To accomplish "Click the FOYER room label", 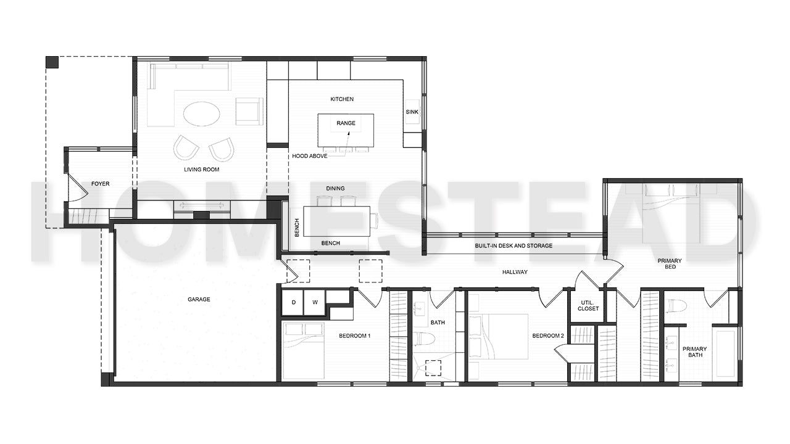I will (100, 184).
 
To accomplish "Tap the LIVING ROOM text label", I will (201, 170).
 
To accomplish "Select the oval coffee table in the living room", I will (201, 114).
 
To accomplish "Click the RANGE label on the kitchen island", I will (346, 123).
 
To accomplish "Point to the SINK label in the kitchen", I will (412, 112).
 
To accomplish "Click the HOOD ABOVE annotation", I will (310, 156).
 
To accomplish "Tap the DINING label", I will (336, 189).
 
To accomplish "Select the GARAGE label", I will (199, 300).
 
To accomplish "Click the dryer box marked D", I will (293, 302).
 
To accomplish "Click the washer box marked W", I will (314, 302).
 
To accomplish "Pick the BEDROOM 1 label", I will (355, 336).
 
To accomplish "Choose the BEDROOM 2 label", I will (549, 336).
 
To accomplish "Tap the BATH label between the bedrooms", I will (438, 323).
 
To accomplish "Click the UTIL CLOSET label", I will (588, 305).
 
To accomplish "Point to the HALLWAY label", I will (514, 272).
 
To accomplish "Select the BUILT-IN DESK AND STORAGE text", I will (513, 246).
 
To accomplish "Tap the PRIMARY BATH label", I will (694, 352).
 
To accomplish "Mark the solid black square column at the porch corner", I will (52, 62).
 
